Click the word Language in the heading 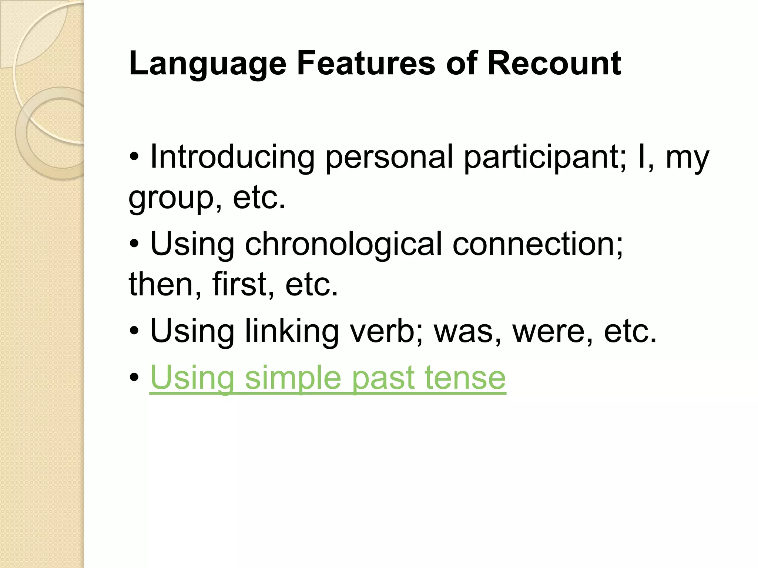click(208, 64)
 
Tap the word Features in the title click(366, 64)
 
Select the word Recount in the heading click(554, 64)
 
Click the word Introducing click(232, 158)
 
